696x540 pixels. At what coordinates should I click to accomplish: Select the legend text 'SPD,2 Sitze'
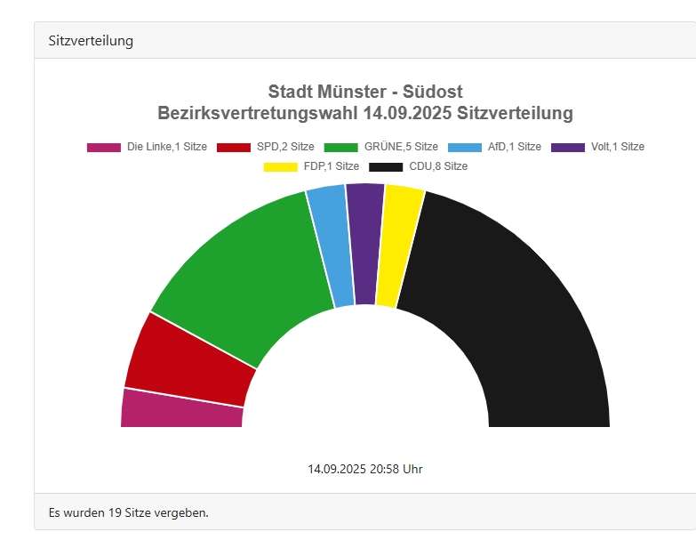point(285,147)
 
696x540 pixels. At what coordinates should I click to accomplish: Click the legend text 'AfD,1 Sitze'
point(515,147)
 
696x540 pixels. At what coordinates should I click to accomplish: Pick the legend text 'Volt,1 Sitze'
point(617,147)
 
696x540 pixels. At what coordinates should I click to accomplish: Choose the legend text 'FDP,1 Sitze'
point(331,166)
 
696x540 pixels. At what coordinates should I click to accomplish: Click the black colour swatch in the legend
point(385,166)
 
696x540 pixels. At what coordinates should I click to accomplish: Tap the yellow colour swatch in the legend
point(280,166)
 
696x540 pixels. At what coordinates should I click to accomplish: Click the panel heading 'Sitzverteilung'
point(91,41)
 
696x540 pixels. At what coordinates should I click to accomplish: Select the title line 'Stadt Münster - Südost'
point(365,92)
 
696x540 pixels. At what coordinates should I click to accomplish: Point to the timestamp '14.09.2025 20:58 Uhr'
point(365,469)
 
